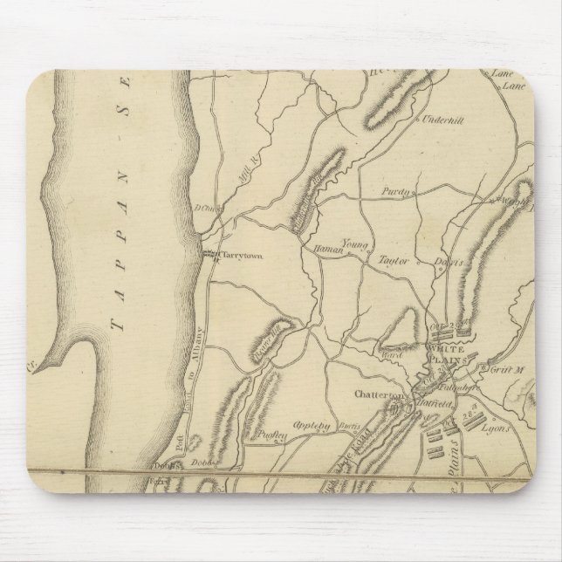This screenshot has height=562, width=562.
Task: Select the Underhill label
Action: (x=445, y=124)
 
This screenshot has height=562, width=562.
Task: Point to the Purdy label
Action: (x=394, y=190)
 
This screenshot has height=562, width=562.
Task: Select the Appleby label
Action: (x=311, y=427)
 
